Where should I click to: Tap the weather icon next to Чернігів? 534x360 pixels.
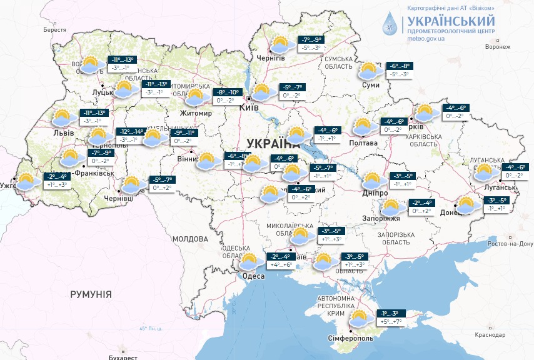pos(280,46)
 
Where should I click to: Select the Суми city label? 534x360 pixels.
pos(371,84)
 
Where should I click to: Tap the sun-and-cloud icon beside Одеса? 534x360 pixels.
pos(249,261)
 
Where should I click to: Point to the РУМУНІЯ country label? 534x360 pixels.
pos(91,294)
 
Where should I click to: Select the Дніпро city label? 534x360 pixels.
pos(375,194)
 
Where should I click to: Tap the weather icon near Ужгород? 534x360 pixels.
pos(26,182)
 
